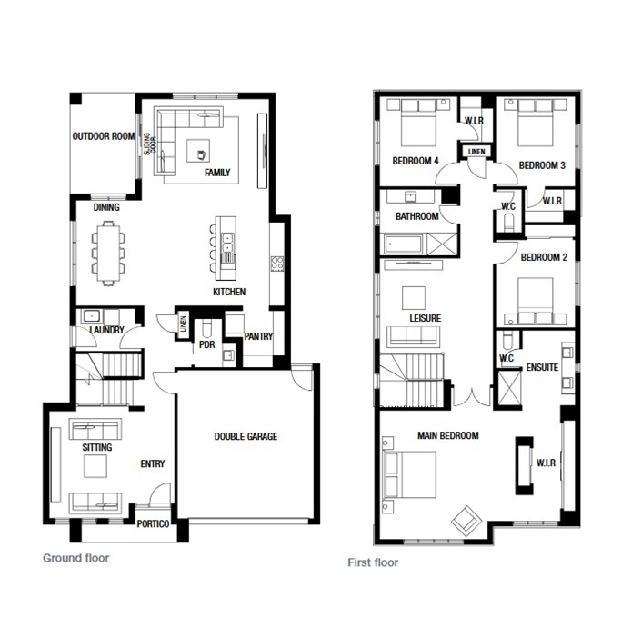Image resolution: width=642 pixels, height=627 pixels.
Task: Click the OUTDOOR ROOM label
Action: (x=104, y=136)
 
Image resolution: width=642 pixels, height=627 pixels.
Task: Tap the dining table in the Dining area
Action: (x=108, y=254)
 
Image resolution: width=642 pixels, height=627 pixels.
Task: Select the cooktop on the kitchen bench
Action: (x=276, y=264)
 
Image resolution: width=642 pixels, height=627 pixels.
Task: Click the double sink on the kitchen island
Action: (x=226, y=243)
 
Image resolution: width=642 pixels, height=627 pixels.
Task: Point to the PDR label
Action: (x=206, y=344)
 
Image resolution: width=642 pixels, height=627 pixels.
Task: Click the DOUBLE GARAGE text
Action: (x=246, y=437)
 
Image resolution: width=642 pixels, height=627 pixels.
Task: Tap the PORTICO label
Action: (x=153, y=524)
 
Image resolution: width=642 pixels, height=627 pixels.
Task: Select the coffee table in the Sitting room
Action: (x=95, y=466)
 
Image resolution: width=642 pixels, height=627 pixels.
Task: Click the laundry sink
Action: (x=91, y=316)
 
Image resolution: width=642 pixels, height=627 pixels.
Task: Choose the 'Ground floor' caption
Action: (x=76, y=558)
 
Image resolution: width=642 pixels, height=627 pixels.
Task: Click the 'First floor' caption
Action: (x=373, y=562)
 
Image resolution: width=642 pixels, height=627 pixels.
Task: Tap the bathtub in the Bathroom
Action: (x=404, y=244)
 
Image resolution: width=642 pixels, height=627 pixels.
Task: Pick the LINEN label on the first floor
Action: (x=476, y=152)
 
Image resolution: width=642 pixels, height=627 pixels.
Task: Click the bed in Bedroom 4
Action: (x=417, y=123)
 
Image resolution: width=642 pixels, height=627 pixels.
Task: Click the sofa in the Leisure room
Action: (x=413, y=336)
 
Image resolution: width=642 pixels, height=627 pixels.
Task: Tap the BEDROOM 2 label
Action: (x=544, y=257)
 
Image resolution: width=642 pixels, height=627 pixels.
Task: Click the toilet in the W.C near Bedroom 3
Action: (x=509, y=224)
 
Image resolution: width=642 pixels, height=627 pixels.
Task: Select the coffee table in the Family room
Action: (x=198, y=151)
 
